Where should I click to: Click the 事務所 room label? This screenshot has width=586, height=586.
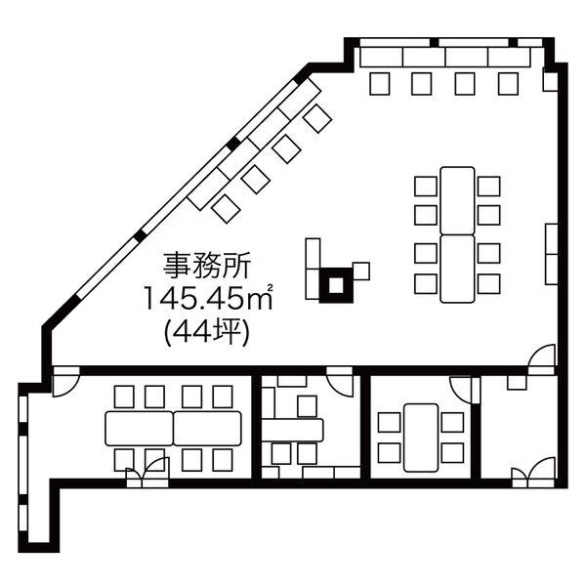pyautogui.click(x=206, y=266)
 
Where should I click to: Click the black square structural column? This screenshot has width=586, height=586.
pyautogui.click(x=336, y=285)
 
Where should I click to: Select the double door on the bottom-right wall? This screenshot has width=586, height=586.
pyautogui.click(x=533, y=473)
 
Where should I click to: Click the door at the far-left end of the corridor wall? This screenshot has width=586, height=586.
pyautogui.click(x=65, y=381)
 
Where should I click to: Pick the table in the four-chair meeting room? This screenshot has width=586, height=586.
pyautogui.click(x=421, y=438)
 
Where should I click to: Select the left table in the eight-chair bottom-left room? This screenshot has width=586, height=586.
pyautogui.click(x=140, y=429)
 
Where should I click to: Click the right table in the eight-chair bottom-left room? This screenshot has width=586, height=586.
pyautogui.click(x=207, y=429)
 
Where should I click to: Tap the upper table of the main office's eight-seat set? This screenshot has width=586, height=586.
pyautogui.click(x=457, y=200)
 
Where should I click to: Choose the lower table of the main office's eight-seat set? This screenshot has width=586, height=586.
pyautogui.click(x=457, y=269)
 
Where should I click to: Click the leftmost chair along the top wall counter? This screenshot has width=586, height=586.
pyautogui.click(x=380, y=84)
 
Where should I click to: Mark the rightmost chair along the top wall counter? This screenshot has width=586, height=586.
pyautogui.click(x=508, y=84)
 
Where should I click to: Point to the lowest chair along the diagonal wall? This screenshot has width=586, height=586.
pyautogui.click(x=227, y=208)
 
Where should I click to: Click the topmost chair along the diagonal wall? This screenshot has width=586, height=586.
pyautogui.click(x=317, y=118)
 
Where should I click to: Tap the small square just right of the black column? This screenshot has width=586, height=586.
pyautogui.click(x=361, y=272)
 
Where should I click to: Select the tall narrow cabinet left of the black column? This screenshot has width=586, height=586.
pyautogui.click(x=313, y=253)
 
